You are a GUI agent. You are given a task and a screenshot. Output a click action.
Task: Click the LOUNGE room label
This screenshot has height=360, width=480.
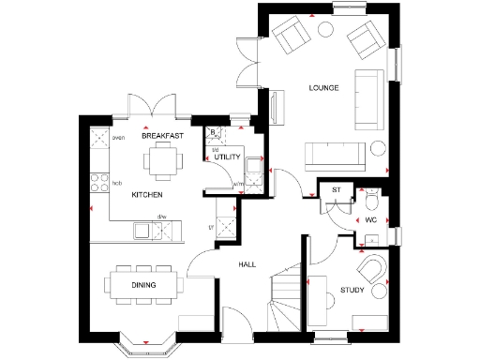[x=323, y=88]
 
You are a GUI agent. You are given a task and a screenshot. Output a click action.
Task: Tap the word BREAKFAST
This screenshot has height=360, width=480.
[x=160, y=136]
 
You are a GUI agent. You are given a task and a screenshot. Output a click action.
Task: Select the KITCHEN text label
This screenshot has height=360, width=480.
[x=146, y=194]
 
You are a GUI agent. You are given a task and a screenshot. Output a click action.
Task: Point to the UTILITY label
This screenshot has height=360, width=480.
[x=228, y=157]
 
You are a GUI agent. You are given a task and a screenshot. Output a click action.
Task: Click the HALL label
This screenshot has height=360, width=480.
[x=246, y=265]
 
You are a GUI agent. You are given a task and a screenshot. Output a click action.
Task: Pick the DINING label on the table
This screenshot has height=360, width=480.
[x=143, y=284]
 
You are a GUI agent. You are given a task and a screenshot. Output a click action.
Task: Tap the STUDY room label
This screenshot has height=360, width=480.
[x=352, y=291]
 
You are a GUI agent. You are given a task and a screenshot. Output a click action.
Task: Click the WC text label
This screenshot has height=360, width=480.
[x=370, y=220]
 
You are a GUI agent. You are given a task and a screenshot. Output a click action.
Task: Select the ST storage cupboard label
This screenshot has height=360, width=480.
[x=336, y=190]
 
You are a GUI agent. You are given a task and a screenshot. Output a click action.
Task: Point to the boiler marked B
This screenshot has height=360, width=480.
[x=214, y=132]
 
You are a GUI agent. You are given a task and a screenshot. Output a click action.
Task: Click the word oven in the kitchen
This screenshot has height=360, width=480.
[x=119, y=138]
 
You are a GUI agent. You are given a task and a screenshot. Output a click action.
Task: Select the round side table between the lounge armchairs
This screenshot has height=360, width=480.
[x=327, y=28]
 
